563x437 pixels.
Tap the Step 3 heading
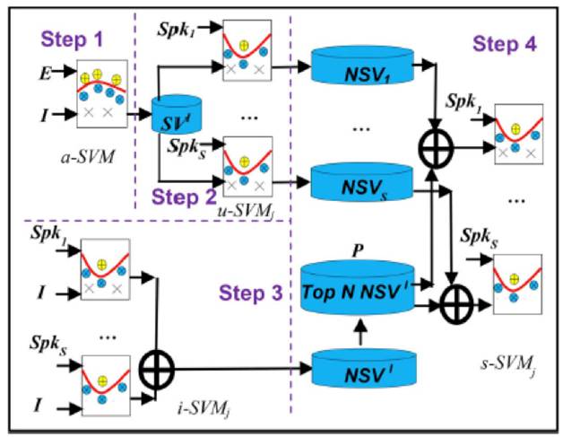point(252,293)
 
